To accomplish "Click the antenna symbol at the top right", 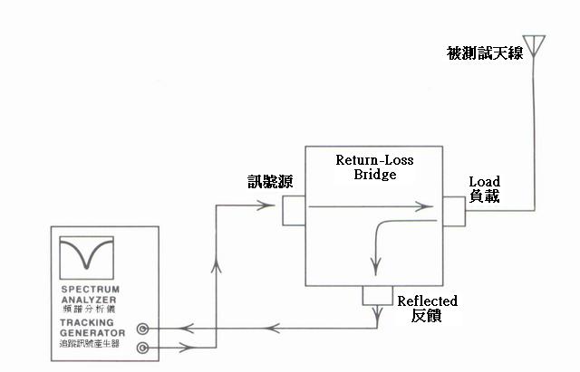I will click(536, 46).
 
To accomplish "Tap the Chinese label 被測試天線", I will click(485, 52).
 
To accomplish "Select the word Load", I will click(484, 181).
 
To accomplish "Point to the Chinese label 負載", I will click(485, 196).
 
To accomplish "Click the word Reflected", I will click(428, 300).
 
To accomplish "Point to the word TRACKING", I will click(84, 321).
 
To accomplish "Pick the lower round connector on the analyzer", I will click(142, 347).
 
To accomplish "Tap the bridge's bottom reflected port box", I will click(374, 294).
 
